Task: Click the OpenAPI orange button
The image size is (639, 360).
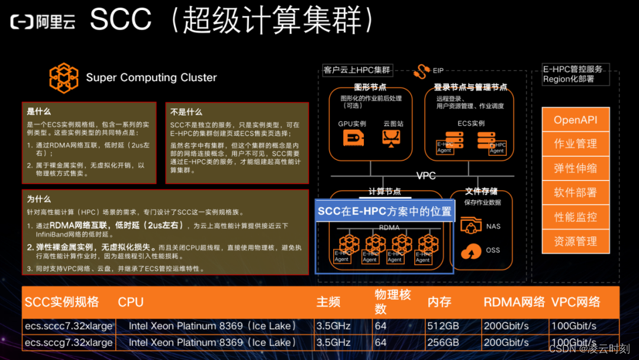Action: [575, 120]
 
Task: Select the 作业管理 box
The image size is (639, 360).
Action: [575, 144]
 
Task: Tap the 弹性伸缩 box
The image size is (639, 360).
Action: [575, 168]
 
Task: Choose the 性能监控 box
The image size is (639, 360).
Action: [575, 217]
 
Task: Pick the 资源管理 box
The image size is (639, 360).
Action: [575, 241]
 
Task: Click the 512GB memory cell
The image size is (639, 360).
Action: [443, 326]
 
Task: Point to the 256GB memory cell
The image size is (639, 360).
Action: [443, 342]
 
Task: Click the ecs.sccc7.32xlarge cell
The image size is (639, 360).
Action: [68, 326]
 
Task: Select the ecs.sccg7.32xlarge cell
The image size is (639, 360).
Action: [68, 342]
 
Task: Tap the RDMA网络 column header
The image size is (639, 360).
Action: [514, 302]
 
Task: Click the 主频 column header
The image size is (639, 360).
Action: [328, 302]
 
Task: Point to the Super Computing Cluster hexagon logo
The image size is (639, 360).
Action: [64, 78]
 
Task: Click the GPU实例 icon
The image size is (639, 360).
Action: [353, 138]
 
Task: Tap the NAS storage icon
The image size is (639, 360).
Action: [471, 226]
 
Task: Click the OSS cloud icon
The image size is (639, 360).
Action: [471, 250]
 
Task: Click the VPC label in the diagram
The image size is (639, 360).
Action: [426, 176]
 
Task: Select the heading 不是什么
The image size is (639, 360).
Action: [186, 112]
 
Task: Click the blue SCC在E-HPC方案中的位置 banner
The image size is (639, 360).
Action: [384, 211]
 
